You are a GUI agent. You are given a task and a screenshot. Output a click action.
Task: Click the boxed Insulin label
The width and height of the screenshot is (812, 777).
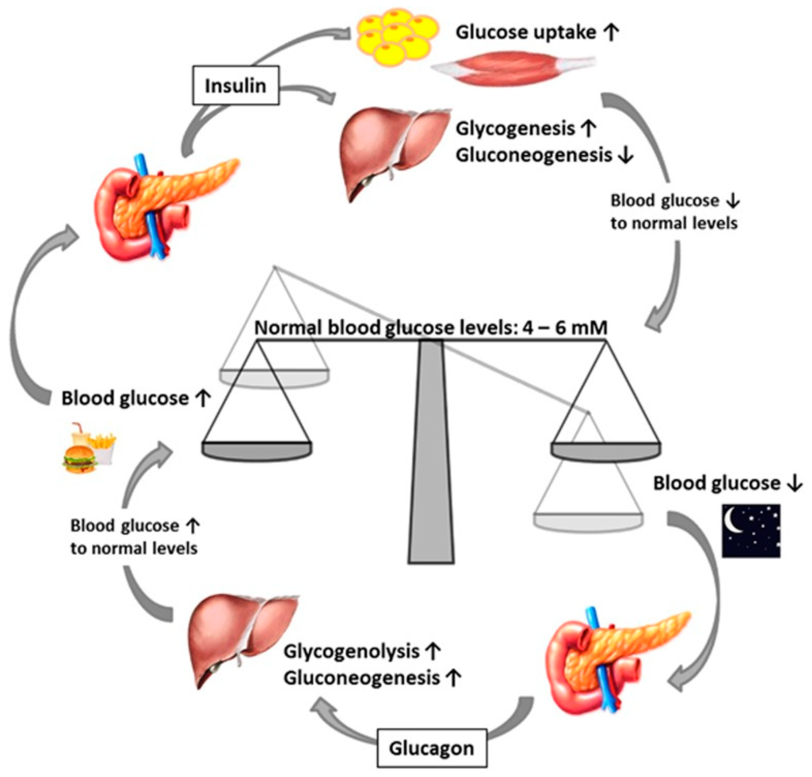point(235,86)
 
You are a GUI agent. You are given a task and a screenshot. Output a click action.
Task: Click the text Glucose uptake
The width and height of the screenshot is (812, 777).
point(526,32)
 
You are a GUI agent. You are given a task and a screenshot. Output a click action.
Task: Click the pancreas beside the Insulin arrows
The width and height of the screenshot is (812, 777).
point(161,207)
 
